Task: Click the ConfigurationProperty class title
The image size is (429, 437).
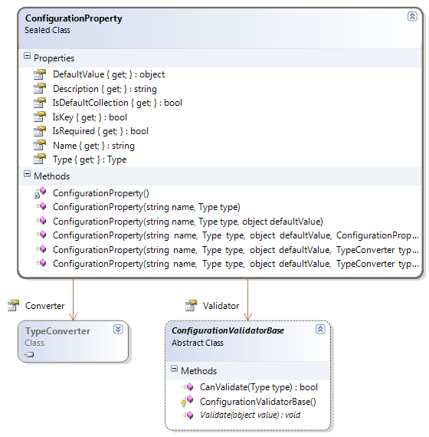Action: point(74,18)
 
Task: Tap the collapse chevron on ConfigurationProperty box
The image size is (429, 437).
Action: point(412,16)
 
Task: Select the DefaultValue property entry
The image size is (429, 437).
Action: point(109,74)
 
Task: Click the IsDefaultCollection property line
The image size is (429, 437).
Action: point(117,103)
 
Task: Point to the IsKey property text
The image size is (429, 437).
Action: point(90,117)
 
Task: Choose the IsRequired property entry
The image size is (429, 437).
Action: point(100,131)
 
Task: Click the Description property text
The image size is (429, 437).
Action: point(105,89)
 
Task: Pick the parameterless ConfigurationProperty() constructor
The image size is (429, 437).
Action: point(101,193)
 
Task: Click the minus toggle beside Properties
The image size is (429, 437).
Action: point(27,56)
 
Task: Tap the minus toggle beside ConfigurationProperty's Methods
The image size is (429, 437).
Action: point(27,174)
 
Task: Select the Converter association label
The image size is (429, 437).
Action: point(45,306)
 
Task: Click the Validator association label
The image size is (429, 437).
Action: point(221,306)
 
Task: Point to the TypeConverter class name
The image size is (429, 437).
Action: point(57,330)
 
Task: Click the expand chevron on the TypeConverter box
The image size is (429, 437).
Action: point(118,330)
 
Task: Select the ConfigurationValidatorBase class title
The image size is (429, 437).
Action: point(228,330)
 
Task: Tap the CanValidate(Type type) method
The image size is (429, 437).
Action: point(258,387)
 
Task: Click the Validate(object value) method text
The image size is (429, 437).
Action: point(250,415)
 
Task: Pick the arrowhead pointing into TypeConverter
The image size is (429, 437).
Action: point(74,317)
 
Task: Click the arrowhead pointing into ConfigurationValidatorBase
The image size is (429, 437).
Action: point(247,317)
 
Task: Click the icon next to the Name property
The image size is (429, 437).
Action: point(40,145)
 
